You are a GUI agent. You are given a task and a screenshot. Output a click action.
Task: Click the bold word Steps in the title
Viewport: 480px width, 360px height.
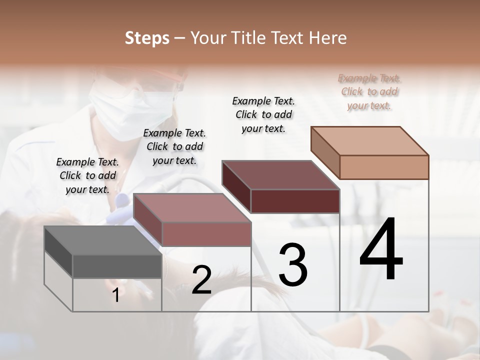tap(147, 38)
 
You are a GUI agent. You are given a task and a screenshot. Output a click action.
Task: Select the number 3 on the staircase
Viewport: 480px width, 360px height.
tap(293, 264)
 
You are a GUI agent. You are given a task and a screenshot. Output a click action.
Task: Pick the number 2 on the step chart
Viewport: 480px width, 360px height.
tap(201, 280)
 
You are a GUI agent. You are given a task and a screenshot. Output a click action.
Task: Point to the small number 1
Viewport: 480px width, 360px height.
tap(115, 295)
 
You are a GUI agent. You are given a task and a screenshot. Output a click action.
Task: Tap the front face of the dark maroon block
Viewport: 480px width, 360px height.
tap(295, 201)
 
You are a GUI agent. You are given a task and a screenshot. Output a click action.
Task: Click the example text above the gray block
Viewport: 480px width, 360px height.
tap(87, 175)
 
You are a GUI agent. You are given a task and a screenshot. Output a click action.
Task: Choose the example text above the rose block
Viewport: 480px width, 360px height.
tap(174, 146)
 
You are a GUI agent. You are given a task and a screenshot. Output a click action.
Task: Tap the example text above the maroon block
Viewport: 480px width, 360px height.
tap(263, 114)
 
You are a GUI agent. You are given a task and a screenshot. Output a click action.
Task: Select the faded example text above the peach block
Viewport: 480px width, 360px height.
tap(369, 91)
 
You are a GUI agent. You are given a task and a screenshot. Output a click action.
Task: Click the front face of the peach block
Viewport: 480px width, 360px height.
tap(384, 167)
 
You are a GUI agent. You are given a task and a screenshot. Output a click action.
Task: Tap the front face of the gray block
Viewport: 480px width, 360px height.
tap(117, 266)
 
